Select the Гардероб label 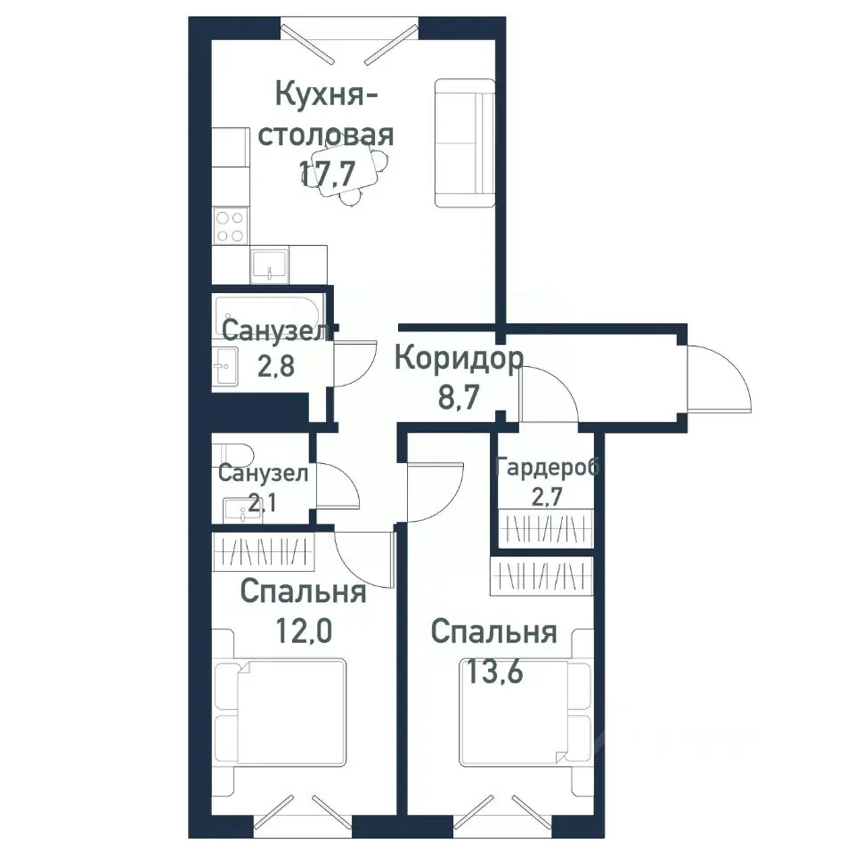coord(549,467)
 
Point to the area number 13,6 coord(492,670)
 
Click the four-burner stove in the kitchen coord(231,226)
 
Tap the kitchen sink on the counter coord(268,264)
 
